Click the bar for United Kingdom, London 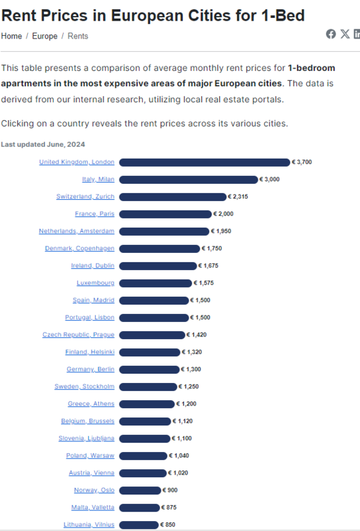pos(205,163)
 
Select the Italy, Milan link pos(98,179)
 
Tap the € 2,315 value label pos(238,196)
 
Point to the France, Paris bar pos(165,214)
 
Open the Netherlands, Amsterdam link pos(76,231)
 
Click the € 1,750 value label pos(212,248)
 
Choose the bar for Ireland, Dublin pos(158,266)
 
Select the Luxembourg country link pos(96,283)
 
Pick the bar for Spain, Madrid pos(154,301)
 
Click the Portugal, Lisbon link pos(90,317)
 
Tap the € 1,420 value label pos(197,335)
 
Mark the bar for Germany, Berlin pos(149,370)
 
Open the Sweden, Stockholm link pos(84,386)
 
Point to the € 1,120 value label pos(183,421)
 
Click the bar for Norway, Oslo pos(140,491)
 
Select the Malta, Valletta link pos(93,507)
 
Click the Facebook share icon pos(331,34)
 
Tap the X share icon pos(345,34)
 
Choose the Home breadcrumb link pos(11,37)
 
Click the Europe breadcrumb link pos(45,37)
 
